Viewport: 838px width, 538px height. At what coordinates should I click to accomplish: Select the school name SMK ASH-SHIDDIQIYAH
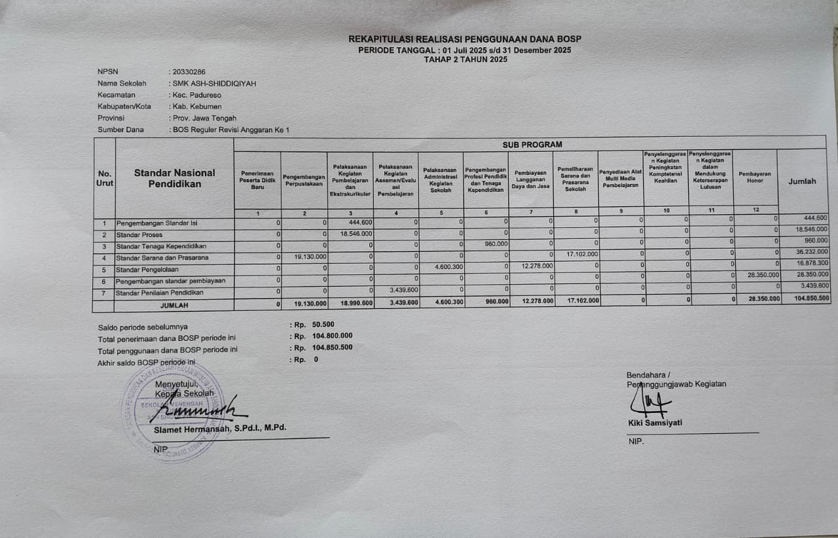coord(214,83)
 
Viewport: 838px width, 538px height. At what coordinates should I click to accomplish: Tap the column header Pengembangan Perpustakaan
coord(304,181)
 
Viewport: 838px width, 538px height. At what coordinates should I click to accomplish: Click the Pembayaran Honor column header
coord(755,177)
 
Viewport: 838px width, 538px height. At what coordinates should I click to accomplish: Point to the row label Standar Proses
coord(139,234)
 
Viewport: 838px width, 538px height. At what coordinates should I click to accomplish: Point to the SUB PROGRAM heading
coord(532,144)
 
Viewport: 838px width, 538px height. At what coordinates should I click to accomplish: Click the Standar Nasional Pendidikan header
coord(174,178)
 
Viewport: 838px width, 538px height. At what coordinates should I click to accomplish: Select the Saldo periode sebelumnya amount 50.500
coord(323,324)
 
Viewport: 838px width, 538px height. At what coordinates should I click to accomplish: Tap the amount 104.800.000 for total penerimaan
coord(332,336)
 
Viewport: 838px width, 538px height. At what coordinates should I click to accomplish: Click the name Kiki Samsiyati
coord(655,423)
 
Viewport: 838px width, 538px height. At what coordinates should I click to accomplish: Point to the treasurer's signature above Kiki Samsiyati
coord(652,403)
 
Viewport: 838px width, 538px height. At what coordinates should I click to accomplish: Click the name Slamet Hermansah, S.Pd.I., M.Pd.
coord(220,429)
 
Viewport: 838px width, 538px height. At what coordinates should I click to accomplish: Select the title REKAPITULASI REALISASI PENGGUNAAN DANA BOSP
coord(465,39)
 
